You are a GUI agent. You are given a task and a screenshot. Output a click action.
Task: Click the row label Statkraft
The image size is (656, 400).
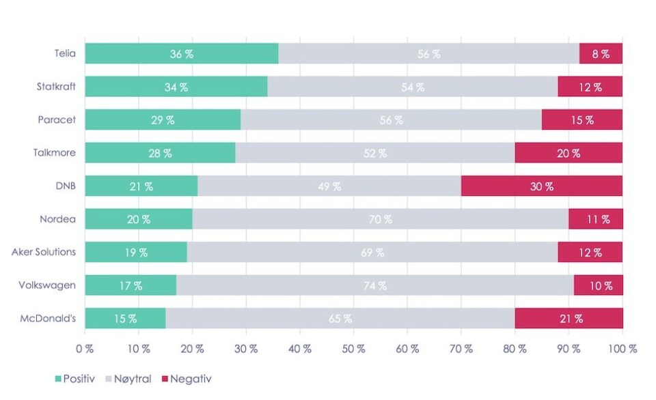tap(56, 87)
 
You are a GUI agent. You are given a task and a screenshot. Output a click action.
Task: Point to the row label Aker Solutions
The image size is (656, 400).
tap(44, 252)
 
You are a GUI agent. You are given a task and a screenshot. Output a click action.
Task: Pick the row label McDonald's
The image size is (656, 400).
tap(47, 318)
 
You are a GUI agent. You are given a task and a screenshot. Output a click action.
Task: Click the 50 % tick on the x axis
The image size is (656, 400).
tap(353, 349)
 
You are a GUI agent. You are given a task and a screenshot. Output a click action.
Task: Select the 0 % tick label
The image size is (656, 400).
tap(85, 349)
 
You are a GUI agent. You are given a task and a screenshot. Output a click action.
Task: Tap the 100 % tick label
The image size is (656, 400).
tap(623, 349)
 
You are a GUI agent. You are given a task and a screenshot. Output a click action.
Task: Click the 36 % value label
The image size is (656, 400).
tap(182, 54)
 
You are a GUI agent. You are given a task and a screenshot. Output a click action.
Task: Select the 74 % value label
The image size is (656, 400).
tap(374, 286)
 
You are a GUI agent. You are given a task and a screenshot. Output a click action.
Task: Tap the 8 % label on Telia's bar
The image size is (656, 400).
tap(601, 54)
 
